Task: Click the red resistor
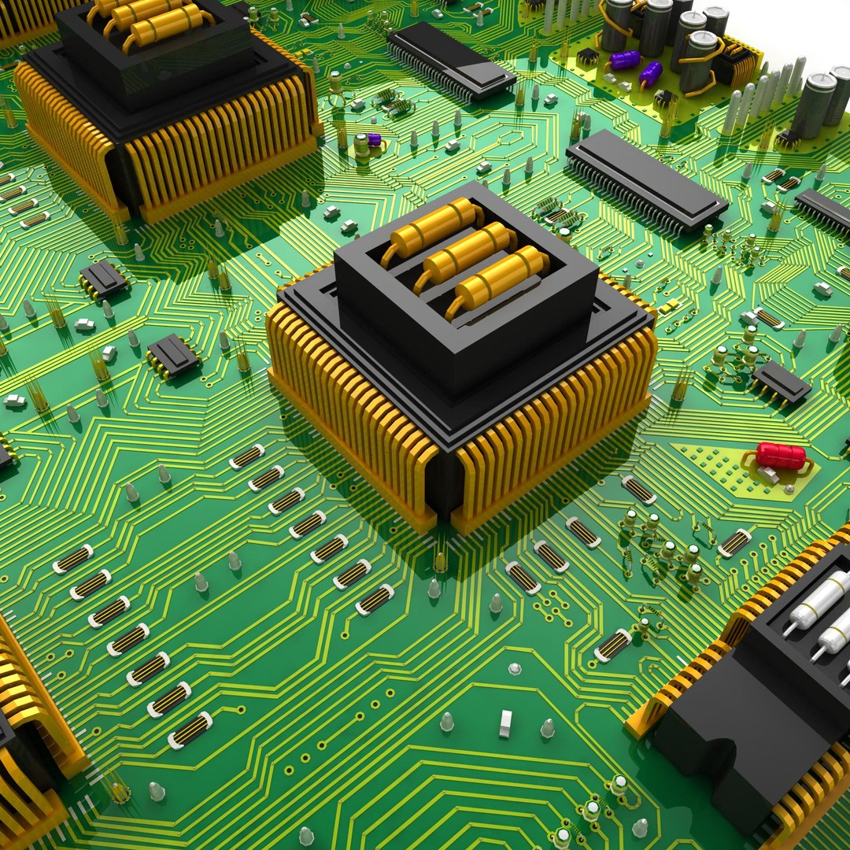coord(781,456)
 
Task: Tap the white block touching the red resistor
coord(767,475)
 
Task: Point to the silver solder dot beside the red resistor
coord(789,489)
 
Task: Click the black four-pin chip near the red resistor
coord(780,382)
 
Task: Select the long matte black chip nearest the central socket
coord(645,180)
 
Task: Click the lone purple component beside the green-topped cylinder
coord(374,140)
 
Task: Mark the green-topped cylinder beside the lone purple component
coord(360,146)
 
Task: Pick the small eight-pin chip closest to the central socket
coord(172,354)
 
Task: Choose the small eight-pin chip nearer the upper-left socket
coord(102,278)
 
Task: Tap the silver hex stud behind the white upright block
coord(514,669)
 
